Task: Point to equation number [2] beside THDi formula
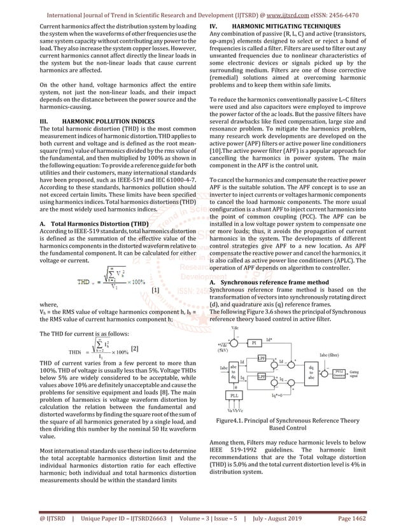pos(134,348)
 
